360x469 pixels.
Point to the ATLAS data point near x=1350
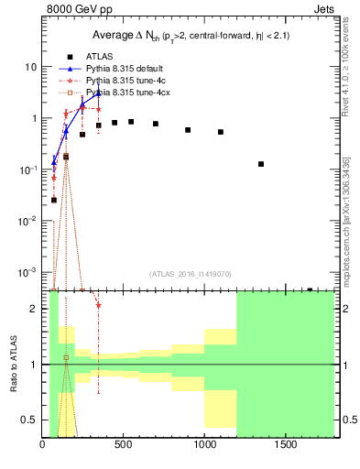[261, 164]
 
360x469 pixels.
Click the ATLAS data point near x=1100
[221, 132]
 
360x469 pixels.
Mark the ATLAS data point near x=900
[188, 130]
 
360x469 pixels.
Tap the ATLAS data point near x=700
[156, 124]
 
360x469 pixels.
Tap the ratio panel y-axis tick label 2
[33, 309]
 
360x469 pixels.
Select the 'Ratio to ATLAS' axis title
[13, 365]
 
